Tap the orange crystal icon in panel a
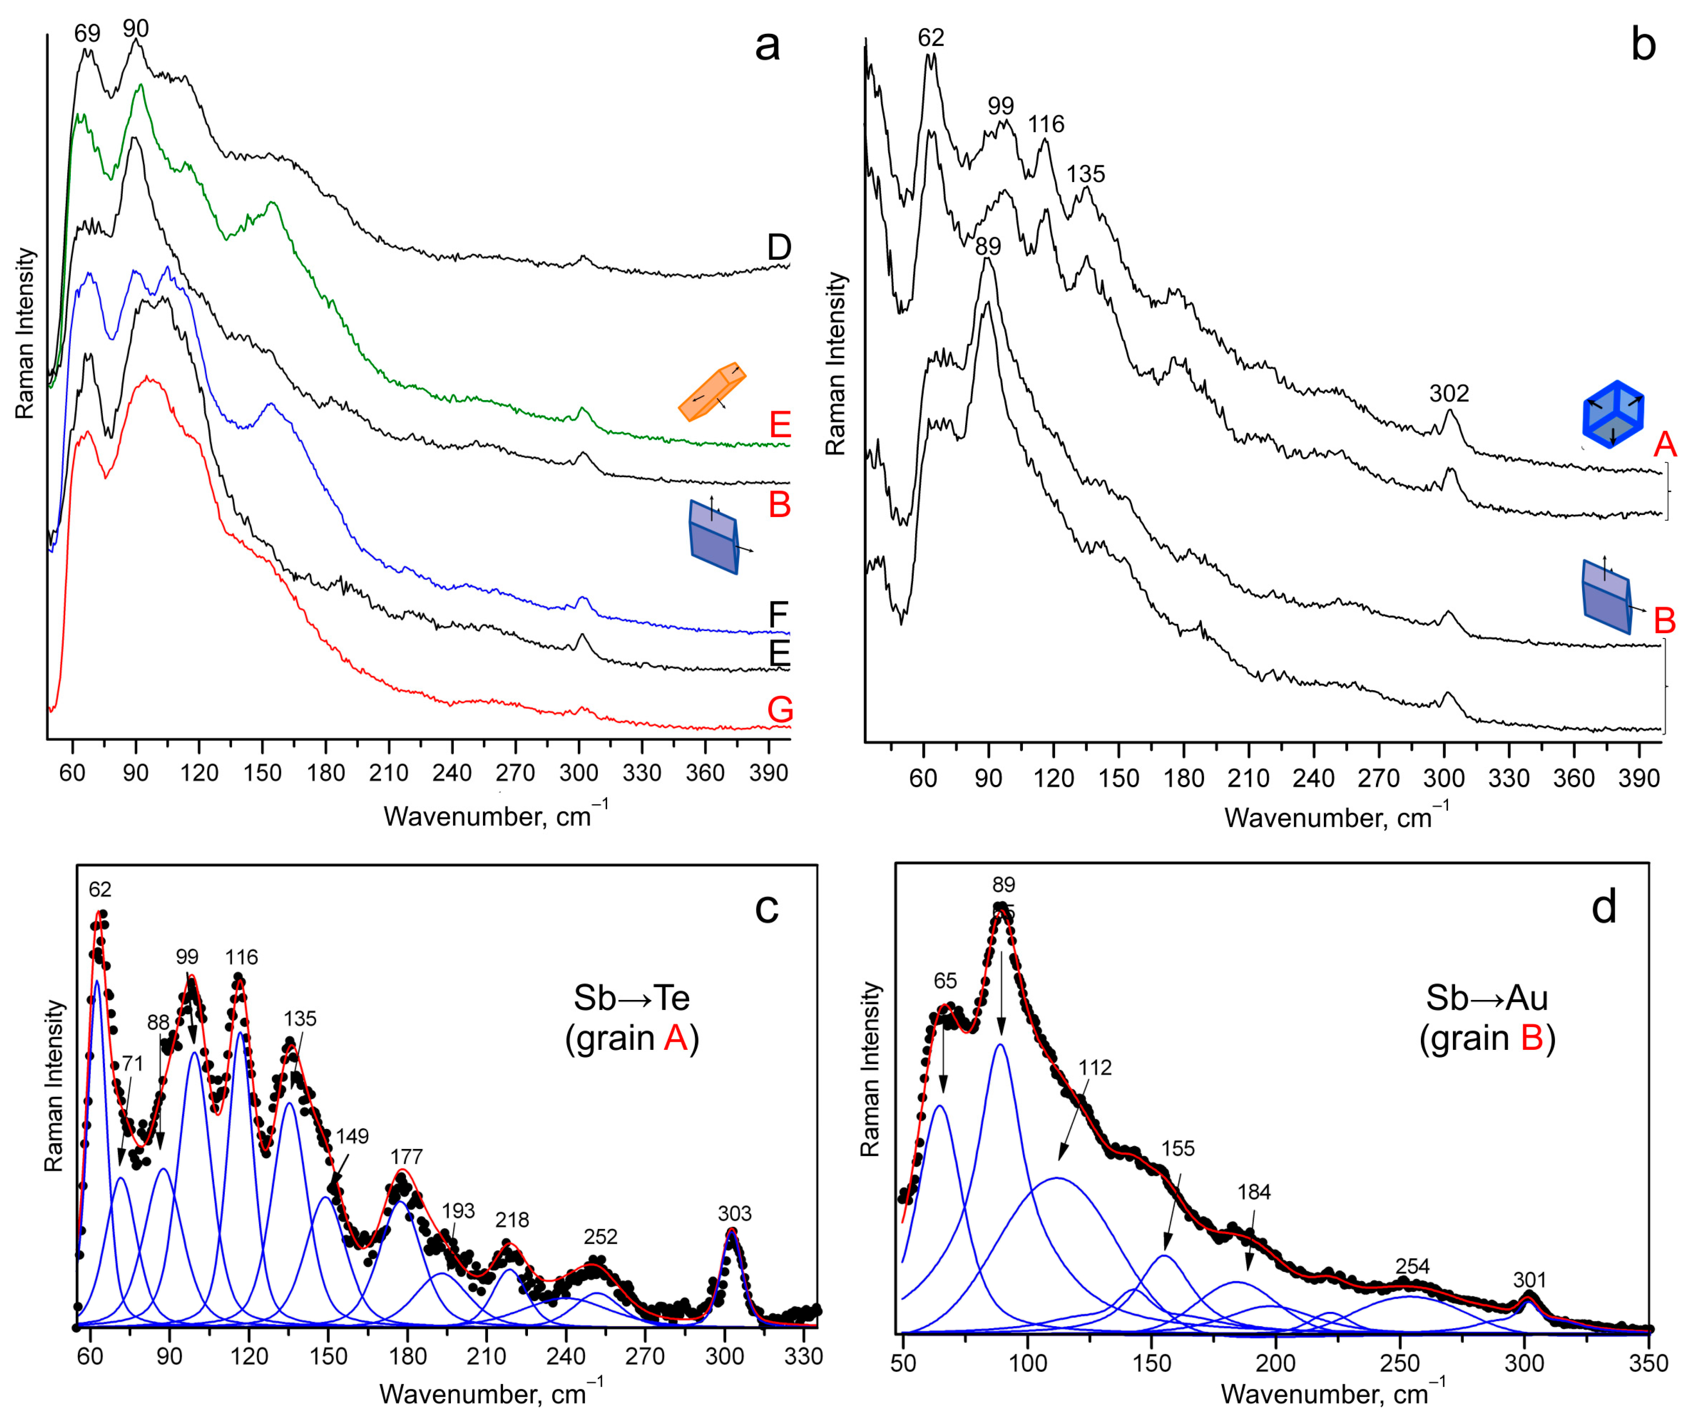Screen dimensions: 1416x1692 pyautogui.click(x=712, y=392)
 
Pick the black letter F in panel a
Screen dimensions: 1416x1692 pyautogui.click(x=778, y=615)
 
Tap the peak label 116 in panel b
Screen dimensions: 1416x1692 pyautogui.click(x=1046, y=124)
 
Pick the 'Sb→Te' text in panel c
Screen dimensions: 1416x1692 pyautogui.click(x=632, y=998)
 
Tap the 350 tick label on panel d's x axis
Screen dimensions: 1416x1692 pyautogui.click(x=1647, y=1363)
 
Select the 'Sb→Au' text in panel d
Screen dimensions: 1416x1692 pyautogui.click(x=1486, y=998)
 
